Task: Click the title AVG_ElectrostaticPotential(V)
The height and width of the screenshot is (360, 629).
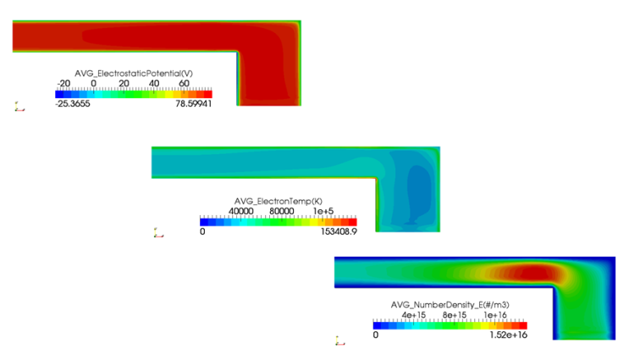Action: point(133,74)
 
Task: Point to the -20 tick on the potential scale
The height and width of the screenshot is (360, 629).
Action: point(62,84)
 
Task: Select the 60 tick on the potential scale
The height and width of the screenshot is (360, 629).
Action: point(184,84)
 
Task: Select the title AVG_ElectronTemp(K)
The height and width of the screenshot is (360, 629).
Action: point(278,201)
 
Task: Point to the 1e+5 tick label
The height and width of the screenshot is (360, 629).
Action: point(328,211)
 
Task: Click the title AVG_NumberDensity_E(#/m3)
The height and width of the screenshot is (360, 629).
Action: point(450,303)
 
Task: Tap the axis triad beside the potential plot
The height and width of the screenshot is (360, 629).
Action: point(18,107)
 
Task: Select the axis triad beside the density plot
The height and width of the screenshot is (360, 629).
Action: point(339,341)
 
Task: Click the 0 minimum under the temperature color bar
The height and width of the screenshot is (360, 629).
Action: point(202,230)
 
